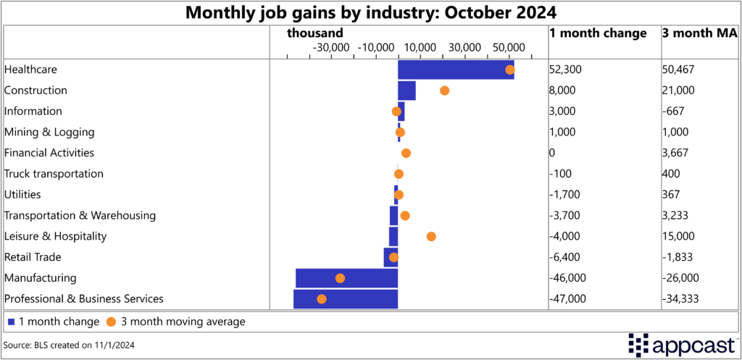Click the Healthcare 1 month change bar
(455, 70)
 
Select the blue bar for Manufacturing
(346, 278)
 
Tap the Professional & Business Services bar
(345, 298)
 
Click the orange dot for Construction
(444, 91)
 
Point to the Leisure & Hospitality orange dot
(431, 236)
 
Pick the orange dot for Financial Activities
(406, 153)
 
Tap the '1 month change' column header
(598, 33)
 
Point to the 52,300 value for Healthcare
(565, 70)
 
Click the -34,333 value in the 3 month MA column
(682, 298)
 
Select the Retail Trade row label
(33, 257)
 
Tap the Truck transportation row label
(54, 174)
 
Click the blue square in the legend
(11, 322)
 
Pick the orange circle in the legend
(111, 322)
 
